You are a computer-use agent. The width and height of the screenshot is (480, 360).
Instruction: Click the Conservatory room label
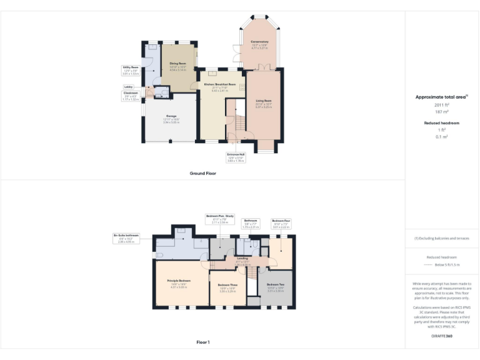pyautogui.click(x=260, y=44)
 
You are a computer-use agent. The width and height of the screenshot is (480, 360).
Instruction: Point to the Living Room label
pyautogui.click(x=262, y=104)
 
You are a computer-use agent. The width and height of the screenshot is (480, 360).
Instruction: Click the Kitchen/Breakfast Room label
pyautogui.click(x=219, y=86)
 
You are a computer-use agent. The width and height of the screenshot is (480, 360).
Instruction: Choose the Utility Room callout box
pyautogui.click(x=130, y=71)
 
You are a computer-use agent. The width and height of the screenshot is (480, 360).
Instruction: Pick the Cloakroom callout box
pyautogui.click(x=131, y=97)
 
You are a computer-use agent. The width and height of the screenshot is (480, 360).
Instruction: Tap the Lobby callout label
pyautogui.click(x=129, y=87)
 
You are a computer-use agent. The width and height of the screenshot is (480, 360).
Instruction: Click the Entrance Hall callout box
pyautogui.click(x=236, y=158)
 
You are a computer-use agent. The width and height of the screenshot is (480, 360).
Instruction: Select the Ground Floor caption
pyautogui.click(x=202, y=173)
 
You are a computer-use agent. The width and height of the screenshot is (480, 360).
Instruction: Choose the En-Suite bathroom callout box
pyautogui.click(x=127, y=238)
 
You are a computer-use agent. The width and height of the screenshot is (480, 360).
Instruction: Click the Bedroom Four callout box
pyautogui.click(x=281, y=224)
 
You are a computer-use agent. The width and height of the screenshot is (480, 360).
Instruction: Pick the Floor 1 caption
pyautogui.click(x=202, y=342)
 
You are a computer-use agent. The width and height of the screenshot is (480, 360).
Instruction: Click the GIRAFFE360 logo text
pyautogui.click(x=442, y=336)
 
